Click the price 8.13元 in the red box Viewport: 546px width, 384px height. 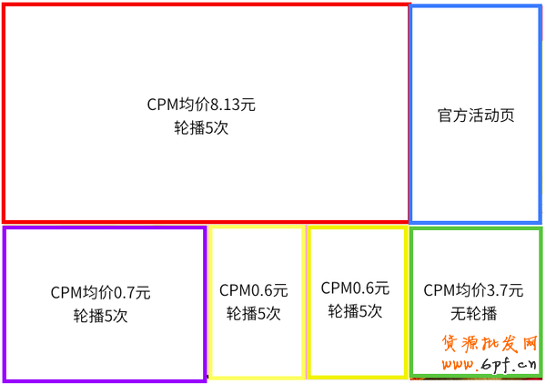point(232,105)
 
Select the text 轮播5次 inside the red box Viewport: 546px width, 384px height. point(201,128)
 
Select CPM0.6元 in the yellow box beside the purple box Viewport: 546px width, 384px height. point(253,291)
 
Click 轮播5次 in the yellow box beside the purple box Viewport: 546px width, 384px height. point(253,314)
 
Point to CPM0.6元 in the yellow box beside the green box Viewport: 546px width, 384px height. point(355,288)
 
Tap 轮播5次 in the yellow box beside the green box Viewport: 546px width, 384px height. point(355,311)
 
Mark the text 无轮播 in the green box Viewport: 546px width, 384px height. point(473,314)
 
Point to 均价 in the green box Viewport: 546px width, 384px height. point(470,291)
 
